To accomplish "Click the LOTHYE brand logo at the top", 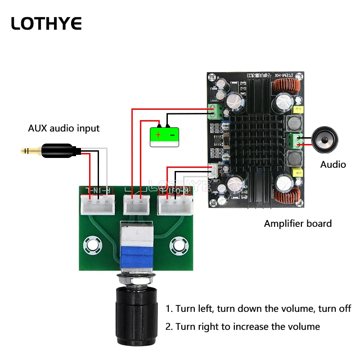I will point(46,23).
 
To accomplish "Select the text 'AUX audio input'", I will point(63,128).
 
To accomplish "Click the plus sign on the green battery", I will point(158,134).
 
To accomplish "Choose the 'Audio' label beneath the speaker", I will point(333,164).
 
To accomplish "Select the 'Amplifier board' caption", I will point(297,223).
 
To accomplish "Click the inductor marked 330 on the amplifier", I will point(294,123).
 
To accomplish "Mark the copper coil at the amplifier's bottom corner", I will point(289,195).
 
